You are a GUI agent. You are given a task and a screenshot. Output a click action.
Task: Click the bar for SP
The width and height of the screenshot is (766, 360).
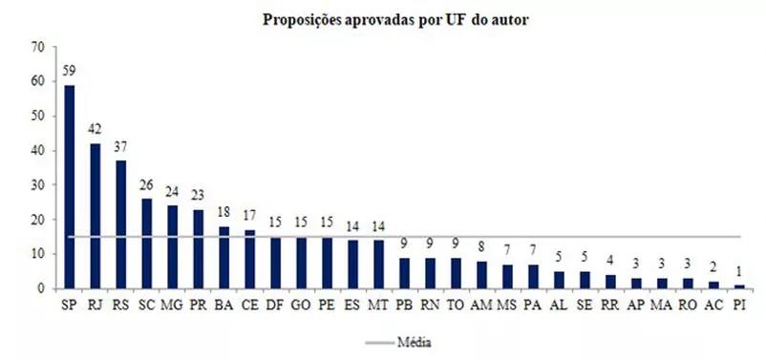[x=70, y=186]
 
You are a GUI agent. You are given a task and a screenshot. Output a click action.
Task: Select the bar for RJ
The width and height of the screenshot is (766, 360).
[x=96, y=216]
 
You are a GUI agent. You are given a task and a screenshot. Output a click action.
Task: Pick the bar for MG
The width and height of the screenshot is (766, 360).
[x=172, y=246]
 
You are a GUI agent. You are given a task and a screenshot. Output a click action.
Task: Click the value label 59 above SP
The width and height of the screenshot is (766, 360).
[x=70, y=71]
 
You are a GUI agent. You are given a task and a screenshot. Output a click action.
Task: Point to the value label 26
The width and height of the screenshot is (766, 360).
[x=147, y=185]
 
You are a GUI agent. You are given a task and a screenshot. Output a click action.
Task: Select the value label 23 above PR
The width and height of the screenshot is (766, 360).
[x=198, y=196]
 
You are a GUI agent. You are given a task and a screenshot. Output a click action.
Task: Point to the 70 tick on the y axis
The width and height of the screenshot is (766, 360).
[x=38, y=47]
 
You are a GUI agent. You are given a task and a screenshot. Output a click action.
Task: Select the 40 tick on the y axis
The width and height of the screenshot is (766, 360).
[x=38, y=151]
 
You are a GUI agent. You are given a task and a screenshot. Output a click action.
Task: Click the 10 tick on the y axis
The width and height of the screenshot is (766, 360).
[x=38, y=254]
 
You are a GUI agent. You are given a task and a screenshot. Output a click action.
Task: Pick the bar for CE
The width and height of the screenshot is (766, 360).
[x=249, y=259]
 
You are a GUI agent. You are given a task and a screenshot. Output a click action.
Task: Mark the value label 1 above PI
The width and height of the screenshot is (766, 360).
[x=738, y=271]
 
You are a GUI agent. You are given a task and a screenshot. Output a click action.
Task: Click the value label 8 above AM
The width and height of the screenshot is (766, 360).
[x=481, y=247]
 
